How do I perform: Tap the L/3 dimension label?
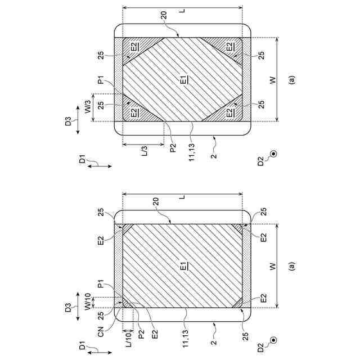pos(145,151)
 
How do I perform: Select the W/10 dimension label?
pos(88,301)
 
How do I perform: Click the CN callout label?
pos(101,332)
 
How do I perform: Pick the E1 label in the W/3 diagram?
pos(184,79)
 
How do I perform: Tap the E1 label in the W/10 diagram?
pos(184,265)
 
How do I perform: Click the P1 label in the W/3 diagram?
pos(101,80)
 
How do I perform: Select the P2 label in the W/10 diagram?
pos(142,334)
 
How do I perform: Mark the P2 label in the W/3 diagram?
pos(173,147)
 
